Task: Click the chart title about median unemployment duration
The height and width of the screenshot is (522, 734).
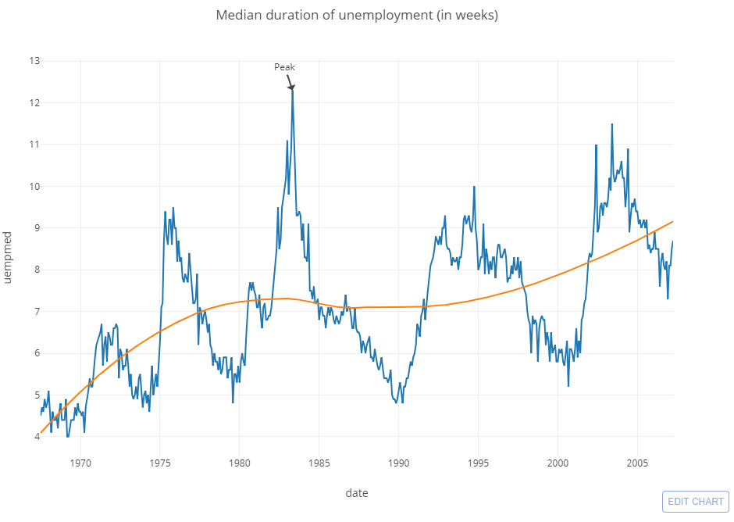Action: pos(356,15)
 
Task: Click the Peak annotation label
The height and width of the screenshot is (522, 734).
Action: pos(284,67)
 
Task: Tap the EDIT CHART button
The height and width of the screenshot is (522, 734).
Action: pos(695,502)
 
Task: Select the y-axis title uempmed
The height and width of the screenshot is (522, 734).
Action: pos(9,258)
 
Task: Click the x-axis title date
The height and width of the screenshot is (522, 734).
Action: pos(356,493)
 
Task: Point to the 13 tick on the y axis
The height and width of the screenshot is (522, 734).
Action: pos(35,61)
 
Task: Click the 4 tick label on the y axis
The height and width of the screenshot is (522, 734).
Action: pos(36,437)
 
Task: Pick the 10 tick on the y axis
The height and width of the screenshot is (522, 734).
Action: pos(34,186)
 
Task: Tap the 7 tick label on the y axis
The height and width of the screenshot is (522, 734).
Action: pos(36,312)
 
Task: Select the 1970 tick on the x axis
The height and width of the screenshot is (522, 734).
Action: pos(80,462)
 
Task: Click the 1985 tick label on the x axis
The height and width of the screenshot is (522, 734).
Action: pos(319,462)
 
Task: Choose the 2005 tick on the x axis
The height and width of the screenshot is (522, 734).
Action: pos(637,462)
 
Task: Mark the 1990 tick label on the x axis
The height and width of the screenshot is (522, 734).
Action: pos(398,462)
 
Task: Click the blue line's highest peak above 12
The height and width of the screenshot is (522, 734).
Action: pos(292,89)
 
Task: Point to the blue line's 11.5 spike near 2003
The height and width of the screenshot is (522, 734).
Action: pos(611,124)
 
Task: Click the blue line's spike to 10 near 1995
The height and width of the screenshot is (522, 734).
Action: pos(474,187)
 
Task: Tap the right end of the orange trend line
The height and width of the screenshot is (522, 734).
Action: pos(672,221)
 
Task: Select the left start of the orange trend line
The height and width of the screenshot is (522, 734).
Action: pos(41,432)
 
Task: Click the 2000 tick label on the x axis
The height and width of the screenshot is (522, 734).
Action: pos(558,462)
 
